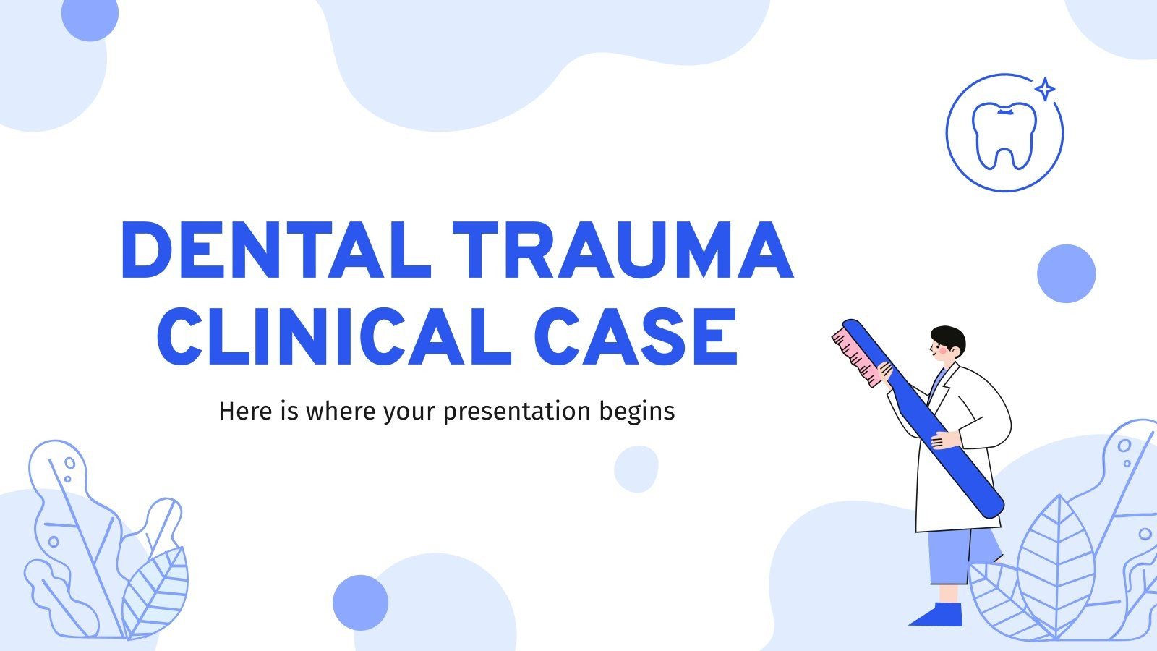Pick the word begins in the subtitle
tap(637, 412)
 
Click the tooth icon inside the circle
tap(1004, 135)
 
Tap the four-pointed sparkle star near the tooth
tap(1044, 90)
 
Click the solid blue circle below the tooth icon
tap(1066, 273)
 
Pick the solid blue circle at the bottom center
tap(360, 603)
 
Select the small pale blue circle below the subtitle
tap(636, 469)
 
